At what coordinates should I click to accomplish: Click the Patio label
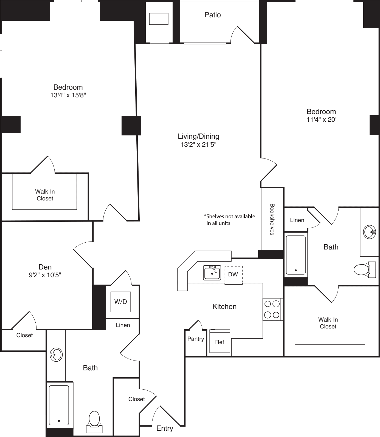[x=212, y=15]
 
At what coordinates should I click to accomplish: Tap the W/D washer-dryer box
[x=121, y=302]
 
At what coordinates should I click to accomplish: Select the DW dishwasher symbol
[x=233, y=274]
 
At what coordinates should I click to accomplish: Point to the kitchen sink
[x=212, y=273]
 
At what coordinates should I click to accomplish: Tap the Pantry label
[x=195, y=339]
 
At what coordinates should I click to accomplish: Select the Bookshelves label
[x=272, y=219]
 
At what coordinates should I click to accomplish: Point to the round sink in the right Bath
[x=369, y=232]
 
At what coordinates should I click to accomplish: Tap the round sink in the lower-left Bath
[x=56, y=355]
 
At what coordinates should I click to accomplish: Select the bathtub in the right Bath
[x=295, y=255]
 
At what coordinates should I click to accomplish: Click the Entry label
[x=165, y=428]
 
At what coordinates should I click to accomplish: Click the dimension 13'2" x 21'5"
[x=198, y=144]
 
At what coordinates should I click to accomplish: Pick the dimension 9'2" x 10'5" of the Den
[x=45, y=275]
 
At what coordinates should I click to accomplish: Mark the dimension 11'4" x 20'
[x=321, y=120]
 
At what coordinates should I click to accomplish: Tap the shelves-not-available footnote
[x=230, y=220]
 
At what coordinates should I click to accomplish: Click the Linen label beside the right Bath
[x=297, y=220]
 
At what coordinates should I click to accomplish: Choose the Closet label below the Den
[x=24, y=335]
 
